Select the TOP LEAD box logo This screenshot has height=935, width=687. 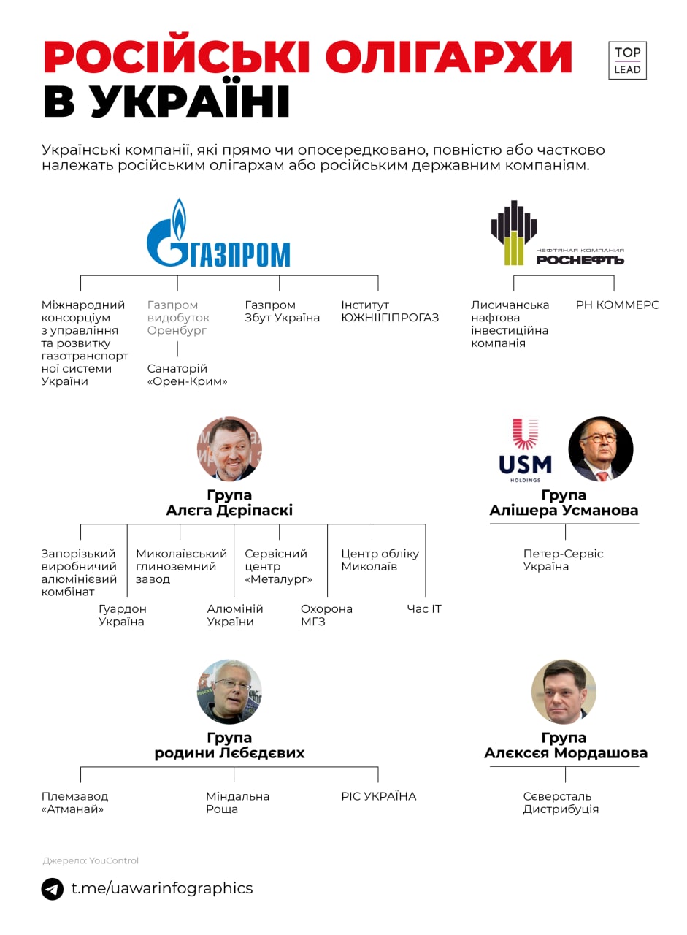[x=627, y=61]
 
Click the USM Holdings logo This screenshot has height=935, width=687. [x=525, y=450]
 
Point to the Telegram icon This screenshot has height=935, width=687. [x=53, y=889]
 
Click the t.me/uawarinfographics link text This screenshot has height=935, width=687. [x=161, y=888]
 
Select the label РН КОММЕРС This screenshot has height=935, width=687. [x=617, y=305]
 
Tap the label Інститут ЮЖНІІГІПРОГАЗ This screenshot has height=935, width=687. [x=390, y=311]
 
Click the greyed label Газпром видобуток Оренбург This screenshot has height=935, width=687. [x=178, y=318]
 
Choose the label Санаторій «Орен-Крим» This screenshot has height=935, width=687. [x=187, y=375]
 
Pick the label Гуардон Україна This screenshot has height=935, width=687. [x=122, y=615]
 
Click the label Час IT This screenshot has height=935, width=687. [x=424, y=609]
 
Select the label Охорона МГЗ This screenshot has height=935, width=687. [x=326, y=615]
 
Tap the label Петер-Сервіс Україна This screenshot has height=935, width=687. [x=563, y=560]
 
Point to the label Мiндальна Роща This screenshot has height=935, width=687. [x=237, y=803]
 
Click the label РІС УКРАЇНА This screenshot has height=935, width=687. [x=378, y=796]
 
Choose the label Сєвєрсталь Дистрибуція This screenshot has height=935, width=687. [x=561, y=803]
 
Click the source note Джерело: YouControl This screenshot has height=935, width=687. [x=91, y=860]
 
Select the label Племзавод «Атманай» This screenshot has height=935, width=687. [x=74, y=803]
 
